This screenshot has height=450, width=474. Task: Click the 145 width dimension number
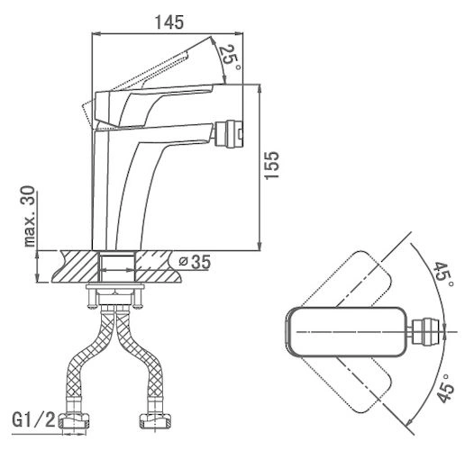169,22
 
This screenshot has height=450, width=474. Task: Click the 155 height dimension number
271,165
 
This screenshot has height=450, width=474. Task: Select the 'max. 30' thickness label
30,216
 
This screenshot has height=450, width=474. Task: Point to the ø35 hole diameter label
195,262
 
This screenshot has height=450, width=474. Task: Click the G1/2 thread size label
33,419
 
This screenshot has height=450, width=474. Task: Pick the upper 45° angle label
443,275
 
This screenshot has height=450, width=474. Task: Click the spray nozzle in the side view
231,134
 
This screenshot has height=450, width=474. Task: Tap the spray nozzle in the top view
424,331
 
